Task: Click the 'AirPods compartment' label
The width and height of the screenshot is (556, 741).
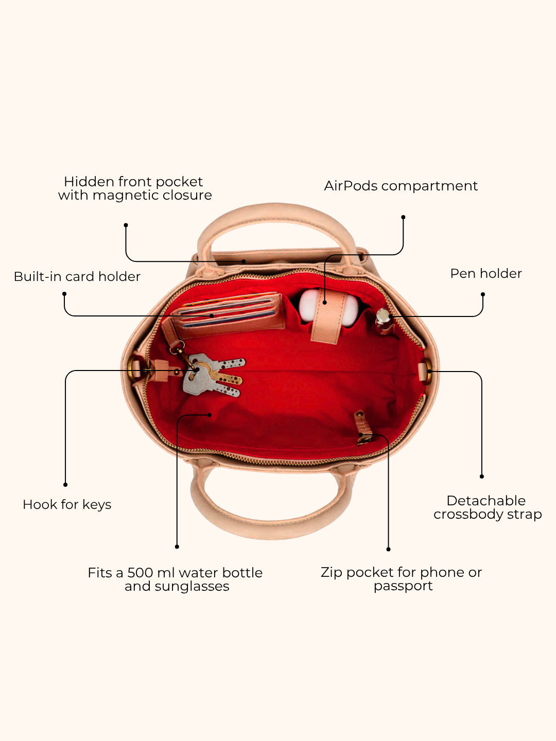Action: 401,186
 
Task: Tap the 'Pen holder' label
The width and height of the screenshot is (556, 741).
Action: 486,273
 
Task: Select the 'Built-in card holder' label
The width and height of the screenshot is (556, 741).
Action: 77,276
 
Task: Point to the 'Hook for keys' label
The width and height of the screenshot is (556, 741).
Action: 67,505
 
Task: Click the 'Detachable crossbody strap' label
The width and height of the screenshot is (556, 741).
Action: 488,507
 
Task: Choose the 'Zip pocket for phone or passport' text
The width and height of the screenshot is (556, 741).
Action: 402,579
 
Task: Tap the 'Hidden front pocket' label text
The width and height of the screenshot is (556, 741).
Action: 133,182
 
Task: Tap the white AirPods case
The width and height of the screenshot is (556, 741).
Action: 328,307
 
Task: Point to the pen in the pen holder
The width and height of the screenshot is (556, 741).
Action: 384,321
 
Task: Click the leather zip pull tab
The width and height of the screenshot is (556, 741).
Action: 363,428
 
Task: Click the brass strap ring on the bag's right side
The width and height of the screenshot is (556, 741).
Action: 427,372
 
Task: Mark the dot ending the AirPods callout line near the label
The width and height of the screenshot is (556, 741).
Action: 403,217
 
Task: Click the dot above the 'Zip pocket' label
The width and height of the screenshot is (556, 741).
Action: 388,549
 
